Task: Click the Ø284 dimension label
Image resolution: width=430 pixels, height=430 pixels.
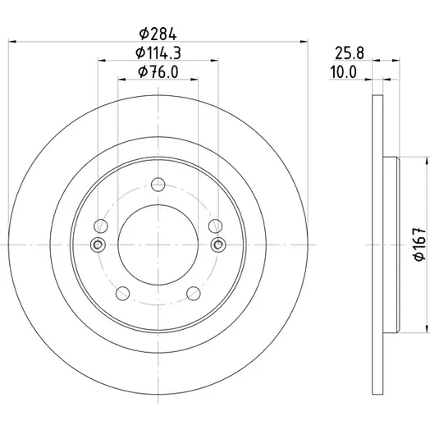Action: [x=158, y=34]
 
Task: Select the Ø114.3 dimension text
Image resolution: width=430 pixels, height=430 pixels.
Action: [x=158, y=53]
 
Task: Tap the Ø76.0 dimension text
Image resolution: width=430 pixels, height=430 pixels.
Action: [x=158, y=72]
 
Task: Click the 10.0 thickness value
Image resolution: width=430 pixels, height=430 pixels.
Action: [x=343, y=72]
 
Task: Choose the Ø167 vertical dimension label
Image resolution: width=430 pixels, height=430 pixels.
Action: [x=419, y=244]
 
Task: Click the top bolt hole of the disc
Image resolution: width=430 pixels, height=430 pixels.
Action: [x=158, y=185]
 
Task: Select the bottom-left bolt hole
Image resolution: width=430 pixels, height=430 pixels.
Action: [x=122, y=294]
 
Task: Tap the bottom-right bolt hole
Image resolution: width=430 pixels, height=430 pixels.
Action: [x=194, y=294]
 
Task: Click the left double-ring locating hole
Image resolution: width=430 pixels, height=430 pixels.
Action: [x=98, y=245]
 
